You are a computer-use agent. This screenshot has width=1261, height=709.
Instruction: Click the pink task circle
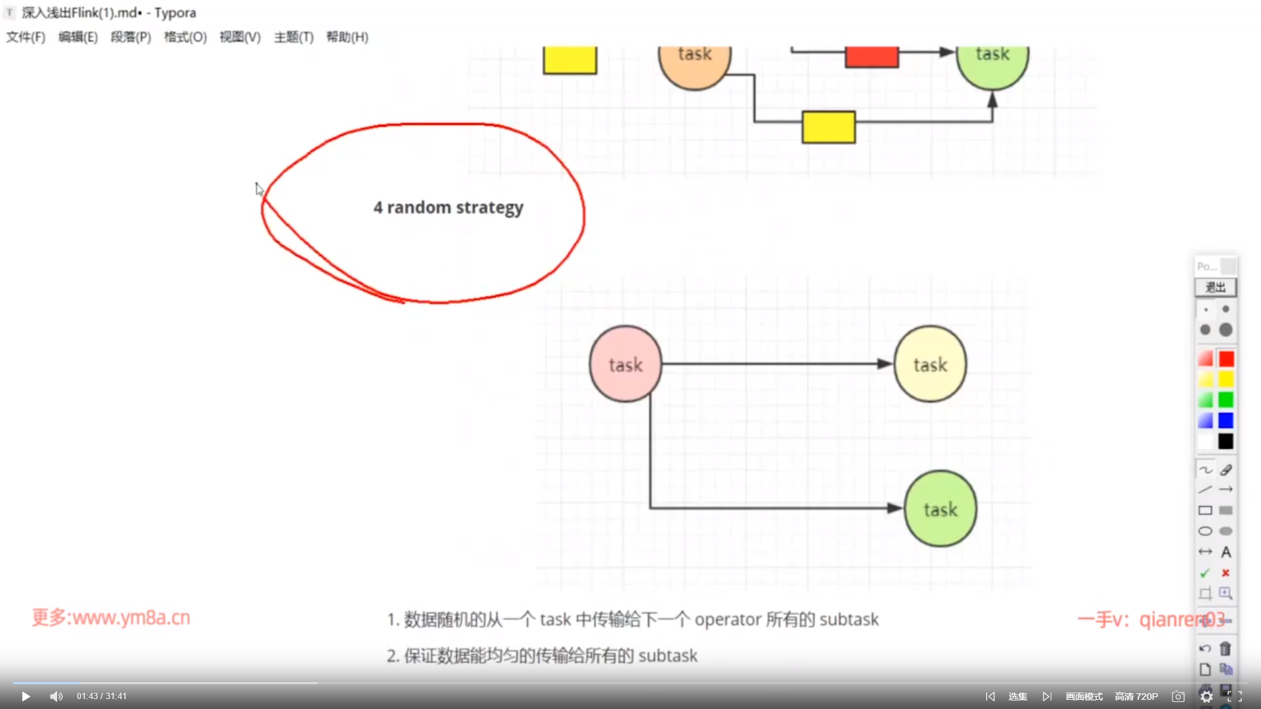click(x=625, y=364)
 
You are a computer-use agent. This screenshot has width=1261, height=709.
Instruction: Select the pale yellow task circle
click(x=930, y=364)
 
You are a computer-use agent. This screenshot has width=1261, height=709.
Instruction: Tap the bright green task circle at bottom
click(x=940, y=509)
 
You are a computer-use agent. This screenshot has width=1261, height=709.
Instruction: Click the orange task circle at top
click(x=694, y=62)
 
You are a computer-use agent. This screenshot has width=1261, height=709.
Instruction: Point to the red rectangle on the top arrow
click(x=872, y=56)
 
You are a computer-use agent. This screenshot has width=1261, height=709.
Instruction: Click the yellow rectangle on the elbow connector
click(x=828, y=127)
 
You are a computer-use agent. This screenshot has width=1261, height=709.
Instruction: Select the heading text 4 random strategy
click(x=448, y=207)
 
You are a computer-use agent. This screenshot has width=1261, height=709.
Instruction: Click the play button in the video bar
click(x=26, y=697)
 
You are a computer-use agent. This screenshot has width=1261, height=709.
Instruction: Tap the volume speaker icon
click(x=56, y=697)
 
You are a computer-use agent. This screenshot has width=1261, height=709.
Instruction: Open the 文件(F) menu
click(x=26, y=37)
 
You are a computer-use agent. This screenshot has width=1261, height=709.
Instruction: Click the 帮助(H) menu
click(x=347, y=37)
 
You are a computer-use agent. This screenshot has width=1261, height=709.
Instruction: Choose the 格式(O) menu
click(x=185, y=37)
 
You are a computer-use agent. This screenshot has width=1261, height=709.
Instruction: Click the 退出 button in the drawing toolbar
click(x=1215, y=288)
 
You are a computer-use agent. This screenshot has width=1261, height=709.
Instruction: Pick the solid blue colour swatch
click(x=1226, y=420)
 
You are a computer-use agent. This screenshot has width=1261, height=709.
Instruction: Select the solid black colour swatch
click(x=1226, y=441)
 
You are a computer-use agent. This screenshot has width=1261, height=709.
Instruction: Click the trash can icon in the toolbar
click(x=1226, y=649)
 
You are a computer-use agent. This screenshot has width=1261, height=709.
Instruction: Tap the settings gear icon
click(x=1206, y=697)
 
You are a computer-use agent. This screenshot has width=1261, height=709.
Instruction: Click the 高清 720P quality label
click(x=1136, y=697)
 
